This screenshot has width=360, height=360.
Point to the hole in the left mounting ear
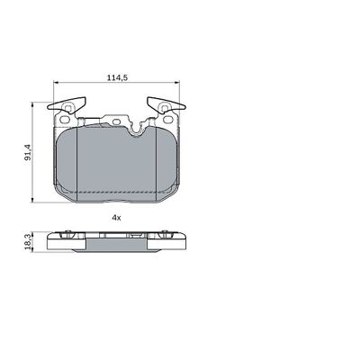[64, 119]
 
